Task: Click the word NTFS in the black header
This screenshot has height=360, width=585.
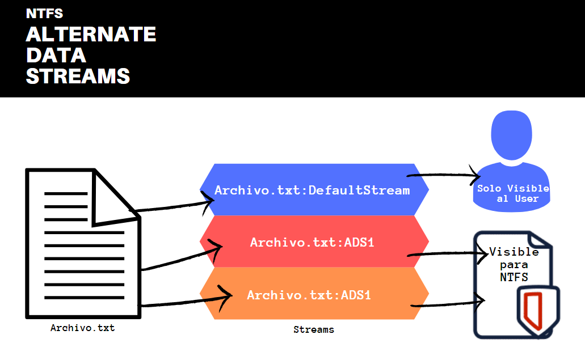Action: [x=44, y=14]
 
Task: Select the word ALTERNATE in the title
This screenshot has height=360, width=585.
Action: [x=91, y=34]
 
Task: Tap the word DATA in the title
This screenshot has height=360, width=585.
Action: [x=56, y=55]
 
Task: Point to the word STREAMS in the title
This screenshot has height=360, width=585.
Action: [x=78, y=76]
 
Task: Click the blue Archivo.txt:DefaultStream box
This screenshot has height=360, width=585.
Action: [x=314, y=190]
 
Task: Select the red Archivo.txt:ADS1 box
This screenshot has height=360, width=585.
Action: [x=314, y=242]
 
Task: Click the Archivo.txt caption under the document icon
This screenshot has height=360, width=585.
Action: [x=82, y=328]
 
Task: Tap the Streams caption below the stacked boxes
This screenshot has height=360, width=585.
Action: [x=314, y=329]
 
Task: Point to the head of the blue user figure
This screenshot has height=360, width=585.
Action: [x=511, y=135]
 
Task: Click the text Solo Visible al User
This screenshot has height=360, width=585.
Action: [x=514, y=193]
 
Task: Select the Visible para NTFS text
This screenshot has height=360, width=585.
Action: [x=514, y=264]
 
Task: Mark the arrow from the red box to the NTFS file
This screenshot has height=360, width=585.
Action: [x=448, y=254]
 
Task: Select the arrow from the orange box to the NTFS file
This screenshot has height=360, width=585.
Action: [x=448, y=304]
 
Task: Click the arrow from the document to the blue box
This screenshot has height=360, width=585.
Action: [x=171, y=206]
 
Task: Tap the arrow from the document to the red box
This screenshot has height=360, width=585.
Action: [x=182, y=257]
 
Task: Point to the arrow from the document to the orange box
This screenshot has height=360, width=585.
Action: [x=187, y=300]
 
